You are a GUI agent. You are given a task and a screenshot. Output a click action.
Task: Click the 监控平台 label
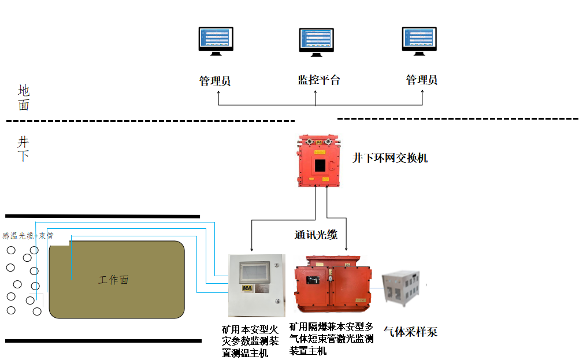coord(318,80)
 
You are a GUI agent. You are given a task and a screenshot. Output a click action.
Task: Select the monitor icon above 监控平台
coord(316,43)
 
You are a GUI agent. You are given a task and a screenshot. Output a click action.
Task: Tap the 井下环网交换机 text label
coord(390,158)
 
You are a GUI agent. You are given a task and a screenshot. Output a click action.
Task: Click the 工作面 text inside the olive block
coord(114,280)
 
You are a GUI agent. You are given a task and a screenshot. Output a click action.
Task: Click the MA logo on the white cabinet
coord(247,288)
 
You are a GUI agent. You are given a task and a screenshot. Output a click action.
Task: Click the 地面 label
coord(24,98)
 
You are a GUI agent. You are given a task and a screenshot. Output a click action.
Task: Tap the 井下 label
coord(23,149)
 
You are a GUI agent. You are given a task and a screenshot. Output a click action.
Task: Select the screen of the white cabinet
coord(254,270)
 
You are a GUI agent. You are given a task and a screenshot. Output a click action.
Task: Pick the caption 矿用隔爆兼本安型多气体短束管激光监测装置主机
coord(332,338)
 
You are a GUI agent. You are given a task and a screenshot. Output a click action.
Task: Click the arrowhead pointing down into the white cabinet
coord(251,250)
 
